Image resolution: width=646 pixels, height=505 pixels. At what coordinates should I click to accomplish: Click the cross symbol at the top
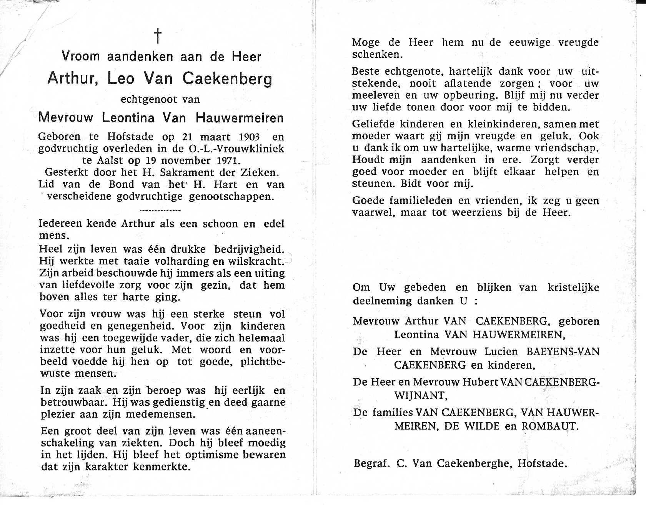(x=158, y=37)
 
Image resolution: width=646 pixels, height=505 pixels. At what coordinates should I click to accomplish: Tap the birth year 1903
(x=248, y=137)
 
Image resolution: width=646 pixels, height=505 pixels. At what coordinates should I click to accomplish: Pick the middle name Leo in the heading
(x=121, y=79)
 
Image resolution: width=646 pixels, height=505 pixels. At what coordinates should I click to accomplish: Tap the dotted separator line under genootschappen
(x=161, y=211)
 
